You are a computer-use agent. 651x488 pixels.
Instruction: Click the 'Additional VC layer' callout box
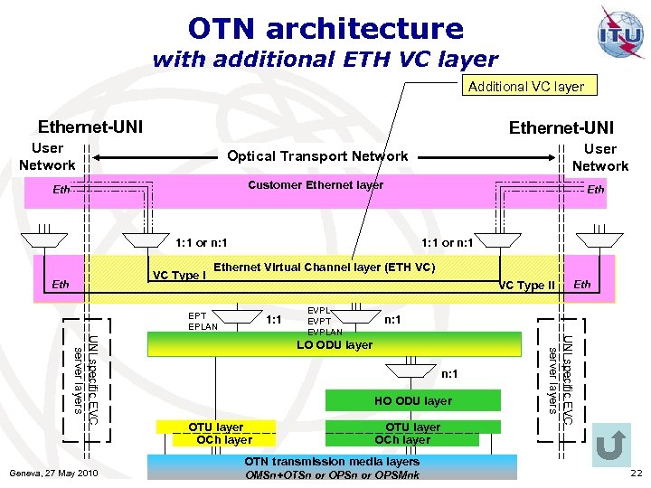coord(525,87)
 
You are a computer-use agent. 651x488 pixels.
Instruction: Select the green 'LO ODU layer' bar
coord(335,344)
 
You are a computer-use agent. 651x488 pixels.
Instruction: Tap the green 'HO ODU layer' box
coord(412,400)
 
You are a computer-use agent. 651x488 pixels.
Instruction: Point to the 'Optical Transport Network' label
coord(317,155)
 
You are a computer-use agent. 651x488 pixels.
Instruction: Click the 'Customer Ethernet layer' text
coord(316,184)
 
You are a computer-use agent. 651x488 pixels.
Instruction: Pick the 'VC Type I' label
coord(179,275)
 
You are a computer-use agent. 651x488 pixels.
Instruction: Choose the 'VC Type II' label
coord(527,286)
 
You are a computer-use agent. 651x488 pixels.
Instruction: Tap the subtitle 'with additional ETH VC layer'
coord(325,60)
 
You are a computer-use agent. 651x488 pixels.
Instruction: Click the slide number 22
coord(635,474)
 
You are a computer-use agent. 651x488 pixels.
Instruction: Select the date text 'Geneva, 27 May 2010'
coord(52,474)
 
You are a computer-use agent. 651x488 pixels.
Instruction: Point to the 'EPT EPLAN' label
coord(203,321)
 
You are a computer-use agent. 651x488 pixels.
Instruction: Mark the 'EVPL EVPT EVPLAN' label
coord(325,321)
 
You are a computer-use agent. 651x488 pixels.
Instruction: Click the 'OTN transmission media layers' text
coord(333,461)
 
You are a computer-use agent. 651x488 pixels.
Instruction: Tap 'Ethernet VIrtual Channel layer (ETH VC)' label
coord(325,267)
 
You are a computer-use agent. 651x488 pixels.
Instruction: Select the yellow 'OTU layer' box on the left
coord(215,427)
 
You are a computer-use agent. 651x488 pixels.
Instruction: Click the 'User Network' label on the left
coord(47,156)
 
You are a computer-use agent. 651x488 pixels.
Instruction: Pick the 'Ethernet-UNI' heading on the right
coord(561,127)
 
